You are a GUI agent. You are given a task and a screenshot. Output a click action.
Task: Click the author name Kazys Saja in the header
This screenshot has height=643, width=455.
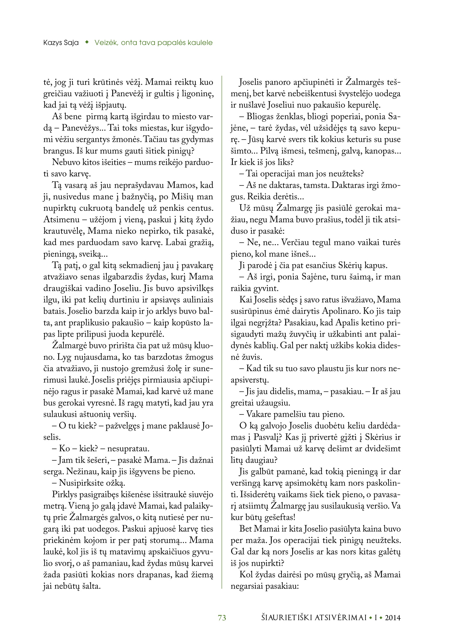pyautogui.click(x=61, y=43)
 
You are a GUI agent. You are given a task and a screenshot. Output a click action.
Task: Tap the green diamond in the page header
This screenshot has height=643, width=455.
pyautogui.click(x=87, y=42)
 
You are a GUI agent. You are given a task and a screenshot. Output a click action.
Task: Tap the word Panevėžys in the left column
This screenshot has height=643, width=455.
pyautogui.click(x=81, y=128)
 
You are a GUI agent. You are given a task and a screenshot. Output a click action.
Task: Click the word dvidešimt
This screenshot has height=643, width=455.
pyautogui.click(x=382, y=449)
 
